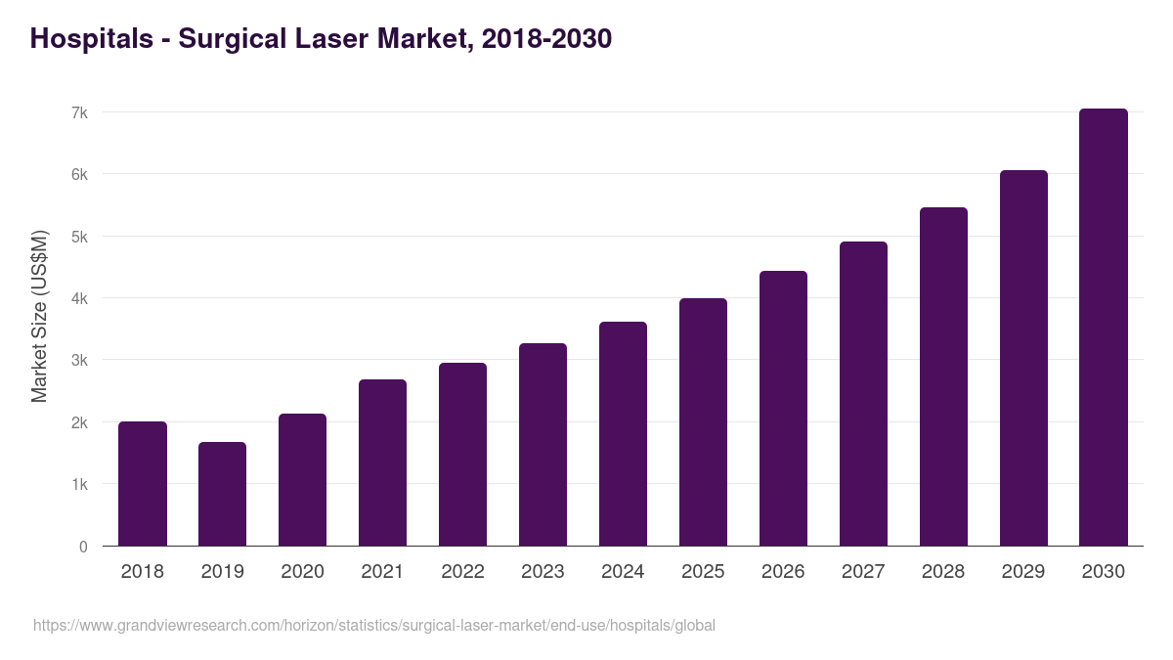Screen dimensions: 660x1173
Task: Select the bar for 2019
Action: pos(222,494)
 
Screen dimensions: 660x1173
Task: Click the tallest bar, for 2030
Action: pos(1103,328)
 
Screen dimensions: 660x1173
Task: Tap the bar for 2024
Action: pos(623,434)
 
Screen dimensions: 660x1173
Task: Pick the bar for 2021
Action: pos(382,462)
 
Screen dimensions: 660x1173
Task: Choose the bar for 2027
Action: pos(863,394)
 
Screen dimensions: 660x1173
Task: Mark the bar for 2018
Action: pos(143,484)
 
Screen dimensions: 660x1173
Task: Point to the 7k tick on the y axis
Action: pos(79,113)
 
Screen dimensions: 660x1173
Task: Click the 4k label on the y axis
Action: pos(79,299)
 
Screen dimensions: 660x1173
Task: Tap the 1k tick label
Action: pos(79,485)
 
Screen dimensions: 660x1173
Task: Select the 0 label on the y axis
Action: pos(83,547)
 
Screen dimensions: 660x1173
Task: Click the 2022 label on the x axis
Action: pos(462,572)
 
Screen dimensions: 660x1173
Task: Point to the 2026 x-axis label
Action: pos(782,572)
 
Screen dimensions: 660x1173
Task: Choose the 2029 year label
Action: pos(1022,572)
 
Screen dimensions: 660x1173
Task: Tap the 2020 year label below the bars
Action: pos(302,572)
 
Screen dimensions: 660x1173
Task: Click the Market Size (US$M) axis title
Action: pos(39,316)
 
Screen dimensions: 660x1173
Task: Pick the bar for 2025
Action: pos(703,422)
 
